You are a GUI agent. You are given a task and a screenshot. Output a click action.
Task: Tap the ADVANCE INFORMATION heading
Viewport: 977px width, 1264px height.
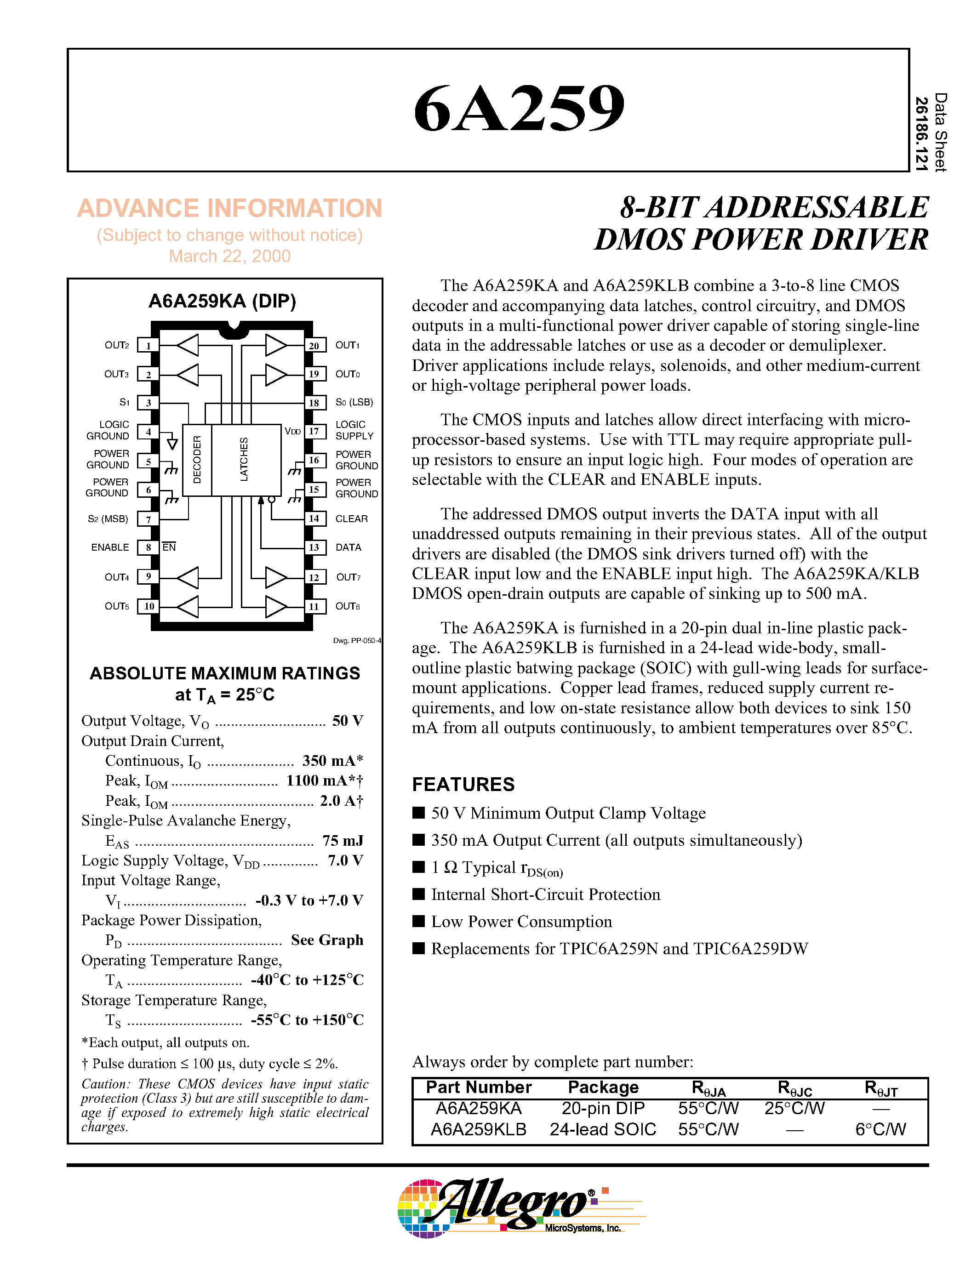[x=229, y=208]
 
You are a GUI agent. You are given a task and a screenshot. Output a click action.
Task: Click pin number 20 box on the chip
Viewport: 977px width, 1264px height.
[x=314, y=346]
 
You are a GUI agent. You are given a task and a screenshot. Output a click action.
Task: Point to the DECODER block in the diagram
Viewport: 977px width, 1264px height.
[x=197, y=460]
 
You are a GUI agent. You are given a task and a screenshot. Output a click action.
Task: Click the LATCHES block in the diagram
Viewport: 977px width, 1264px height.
[x=244, y=460]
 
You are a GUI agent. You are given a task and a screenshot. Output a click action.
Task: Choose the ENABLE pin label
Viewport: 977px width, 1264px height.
[x=110, y=547]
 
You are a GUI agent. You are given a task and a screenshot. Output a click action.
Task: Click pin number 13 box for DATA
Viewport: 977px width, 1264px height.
[x=314, y=547]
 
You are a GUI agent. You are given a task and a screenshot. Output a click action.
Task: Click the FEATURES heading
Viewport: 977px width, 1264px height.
[x=463, y=785]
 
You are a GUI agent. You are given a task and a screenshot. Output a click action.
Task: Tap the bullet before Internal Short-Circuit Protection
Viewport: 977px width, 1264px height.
[x=418, y=894]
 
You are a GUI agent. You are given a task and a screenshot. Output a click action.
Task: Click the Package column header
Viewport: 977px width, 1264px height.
[x=603, y=1087]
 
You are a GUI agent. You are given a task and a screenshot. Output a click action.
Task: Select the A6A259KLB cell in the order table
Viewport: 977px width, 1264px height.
[x=479, y=1129]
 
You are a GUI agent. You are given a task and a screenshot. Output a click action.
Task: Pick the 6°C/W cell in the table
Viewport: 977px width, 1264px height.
[x=880, y=1129]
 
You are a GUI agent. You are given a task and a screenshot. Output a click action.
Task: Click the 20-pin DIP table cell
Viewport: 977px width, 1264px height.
[x=603, y=1108]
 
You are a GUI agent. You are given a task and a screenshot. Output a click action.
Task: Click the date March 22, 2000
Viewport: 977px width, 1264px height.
[x=229, y=256]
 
